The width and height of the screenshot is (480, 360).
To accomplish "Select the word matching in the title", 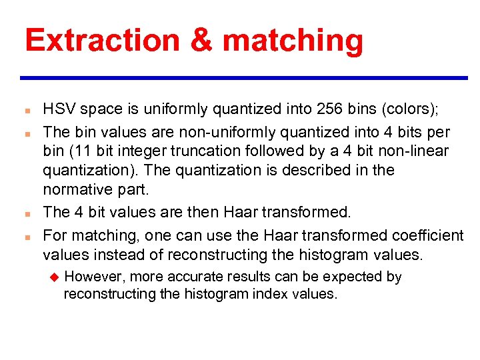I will [x=293, y=41].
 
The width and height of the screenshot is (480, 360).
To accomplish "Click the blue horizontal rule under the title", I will [x=243, y=78].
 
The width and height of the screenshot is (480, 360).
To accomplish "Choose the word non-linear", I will [x=420, y=151].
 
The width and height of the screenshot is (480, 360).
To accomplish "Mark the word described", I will [x=315, y=171].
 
